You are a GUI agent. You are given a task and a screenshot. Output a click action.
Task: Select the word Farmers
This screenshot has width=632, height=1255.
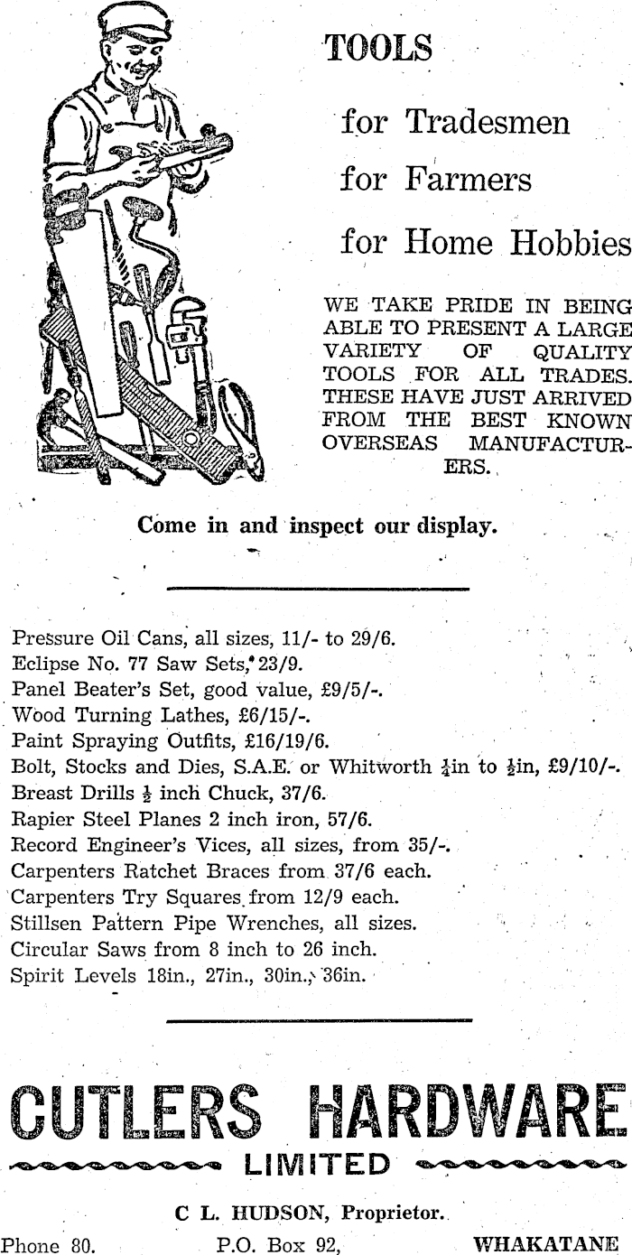(480, 180)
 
